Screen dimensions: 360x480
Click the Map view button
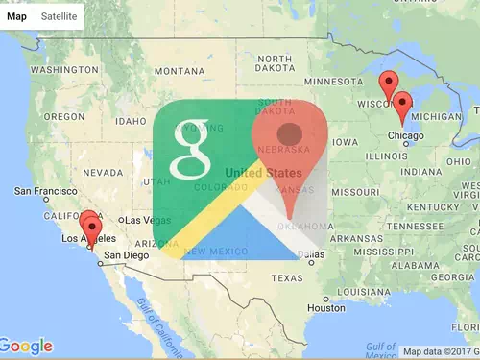(17, 16)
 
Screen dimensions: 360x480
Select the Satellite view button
(59, 16)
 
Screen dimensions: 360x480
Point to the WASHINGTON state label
(64, 70)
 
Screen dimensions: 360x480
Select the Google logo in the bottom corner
(26, 345)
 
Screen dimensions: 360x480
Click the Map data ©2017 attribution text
(437, 351)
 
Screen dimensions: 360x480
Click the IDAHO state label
(131, 122)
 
